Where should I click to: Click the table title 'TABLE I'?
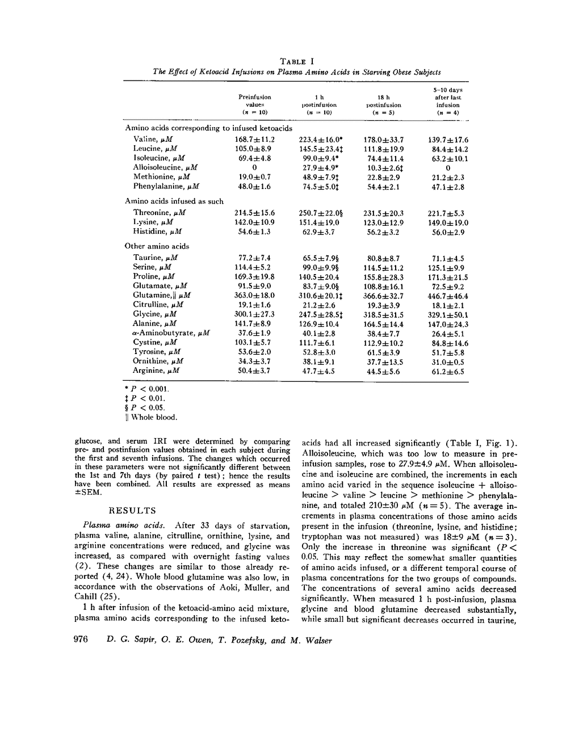pyautogui.click(x=297, y=61)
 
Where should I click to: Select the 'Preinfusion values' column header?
pyautogui.click(x=255, y=104)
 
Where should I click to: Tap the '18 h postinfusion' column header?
pyautogui.click(x=384, y=104)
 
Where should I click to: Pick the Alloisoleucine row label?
pyautogui.click(x=165, y=167)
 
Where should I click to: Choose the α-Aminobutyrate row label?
pyautogui.click(x=170, y=333)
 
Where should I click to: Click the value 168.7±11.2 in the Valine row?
pyautogui.click(x=255, y=140)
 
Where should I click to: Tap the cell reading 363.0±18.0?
pyautogui.click(x=255, y=296)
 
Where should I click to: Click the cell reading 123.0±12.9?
pyautogui.click(x=384, y=222)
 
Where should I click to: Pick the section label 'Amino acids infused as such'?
pyautogui.click(x=174, y=201)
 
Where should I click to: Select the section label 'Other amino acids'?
pyautogui.click(x=157, y=246)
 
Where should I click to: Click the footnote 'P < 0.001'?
pyautogui.click(x=147, y=389)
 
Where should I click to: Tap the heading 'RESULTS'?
pyautogui.click(x=132, y=511)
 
